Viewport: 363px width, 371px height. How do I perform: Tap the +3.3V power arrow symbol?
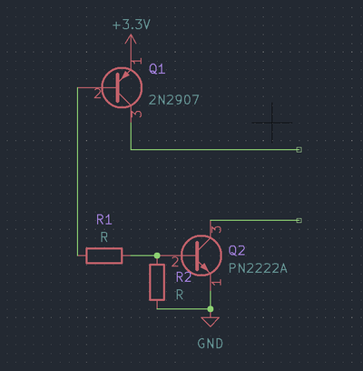click(x=132, y=43)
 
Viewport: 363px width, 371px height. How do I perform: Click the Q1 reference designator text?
click(x=157, y=69)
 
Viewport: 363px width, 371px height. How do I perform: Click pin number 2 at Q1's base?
click(x=95, y=93)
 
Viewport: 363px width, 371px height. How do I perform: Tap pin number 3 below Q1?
click(x=136, y=115)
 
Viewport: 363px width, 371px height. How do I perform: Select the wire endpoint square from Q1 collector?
click(x=299, y=150)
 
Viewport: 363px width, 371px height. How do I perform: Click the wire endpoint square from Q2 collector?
click(x=299, y=220)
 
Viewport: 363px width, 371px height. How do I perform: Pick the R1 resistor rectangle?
click(x=104, y=256)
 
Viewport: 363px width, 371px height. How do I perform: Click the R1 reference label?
click(x=103, y=220)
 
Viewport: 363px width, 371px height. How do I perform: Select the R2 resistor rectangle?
click(x=157, y=283)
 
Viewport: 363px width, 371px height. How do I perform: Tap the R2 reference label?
click(x=183, y=277)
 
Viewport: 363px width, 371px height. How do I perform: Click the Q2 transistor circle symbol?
click(x=201, y=256)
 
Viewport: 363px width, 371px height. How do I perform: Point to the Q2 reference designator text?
click(x=237, y=250)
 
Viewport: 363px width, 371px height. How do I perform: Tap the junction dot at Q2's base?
click(x=157, y=256)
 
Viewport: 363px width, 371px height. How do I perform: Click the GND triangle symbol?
click(x=211, y=321)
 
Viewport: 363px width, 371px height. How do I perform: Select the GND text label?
click(x=211, y=344)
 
